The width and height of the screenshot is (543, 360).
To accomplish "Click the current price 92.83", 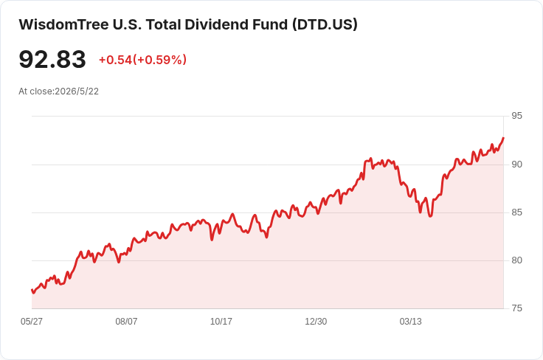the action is (x=52, y=59).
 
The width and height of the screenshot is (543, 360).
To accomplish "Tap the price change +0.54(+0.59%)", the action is (x=142, y=60).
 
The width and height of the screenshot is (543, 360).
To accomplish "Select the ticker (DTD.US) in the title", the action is (x=325, y=24).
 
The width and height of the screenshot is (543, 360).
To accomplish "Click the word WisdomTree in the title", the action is (x=63, y=24).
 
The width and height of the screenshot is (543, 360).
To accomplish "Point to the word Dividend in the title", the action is (x=236, y=24).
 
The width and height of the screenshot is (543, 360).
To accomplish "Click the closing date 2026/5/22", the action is (x=77, y=91).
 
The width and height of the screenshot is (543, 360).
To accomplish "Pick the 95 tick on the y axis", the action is (x=516, y=116).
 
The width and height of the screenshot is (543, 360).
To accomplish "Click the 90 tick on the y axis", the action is (x=516, y=165).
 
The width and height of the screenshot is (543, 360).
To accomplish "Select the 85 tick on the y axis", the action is (x=516, y=212).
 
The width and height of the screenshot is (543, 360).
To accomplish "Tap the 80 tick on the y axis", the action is (x=516, y=260).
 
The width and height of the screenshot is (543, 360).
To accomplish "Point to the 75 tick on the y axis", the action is (x=516, y=308).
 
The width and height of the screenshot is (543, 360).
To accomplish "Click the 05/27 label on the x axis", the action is (x=32, y=322).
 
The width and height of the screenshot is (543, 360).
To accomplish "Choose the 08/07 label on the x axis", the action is (x=126, y=322).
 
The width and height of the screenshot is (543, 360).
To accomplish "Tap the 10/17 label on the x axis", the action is (x=221, y=322).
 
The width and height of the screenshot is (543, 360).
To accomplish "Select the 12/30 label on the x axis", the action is (x=316, y=322).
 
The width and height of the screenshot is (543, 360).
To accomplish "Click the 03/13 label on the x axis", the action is (x=411, y=322).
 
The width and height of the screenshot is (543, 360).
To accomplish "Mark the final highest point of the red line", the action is (x=503, y=138).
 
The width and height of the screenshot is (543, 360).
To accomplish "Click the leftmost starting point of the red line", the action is (x=32, y=290).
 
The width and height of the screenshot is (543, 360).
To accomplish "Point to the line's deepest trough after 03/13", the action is (x=430, y=216).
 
